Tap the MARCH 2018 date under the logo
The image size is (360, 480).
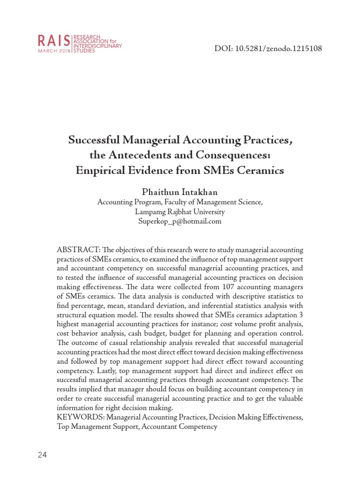coord(54,51)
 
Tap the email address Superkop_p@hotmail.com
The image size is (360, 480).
coord(180,222)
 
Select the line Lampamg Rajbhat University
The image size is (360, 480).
coord(180,212)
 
